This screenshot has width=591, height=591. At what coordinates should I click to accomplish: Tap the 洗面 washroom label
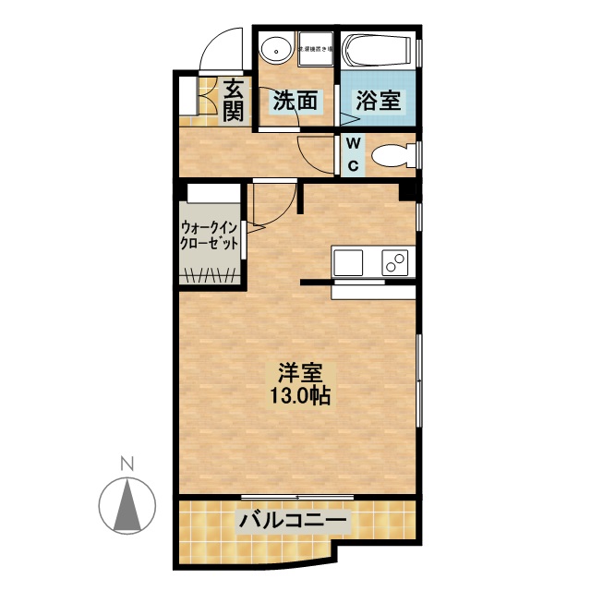(x=295, y=101)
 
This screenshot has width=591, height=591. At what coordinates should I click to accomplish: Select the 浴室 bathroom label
(x=378, y=100)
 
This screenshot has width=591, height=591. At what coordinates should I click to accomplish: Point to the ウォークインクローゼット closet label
(x=209, y=235)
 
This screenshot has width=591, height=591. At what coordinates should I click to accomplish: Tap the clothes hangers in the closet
(x=211, y=273)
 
